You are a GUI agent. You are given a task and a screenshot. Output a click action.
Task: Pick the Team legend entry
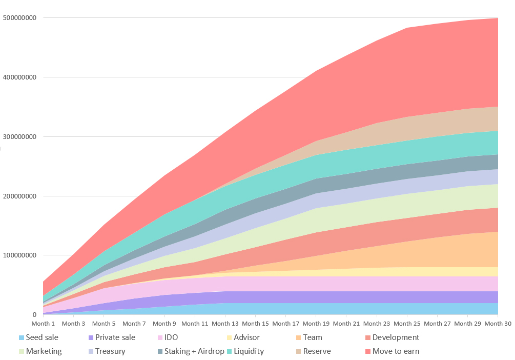(x=312, y=337)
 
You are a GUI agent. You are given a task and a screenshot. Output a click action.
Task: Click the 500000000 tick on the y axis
(x=19, y=18)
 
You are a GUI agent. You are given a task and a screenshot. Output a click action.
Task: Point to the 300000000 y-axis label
(x=19, y=137)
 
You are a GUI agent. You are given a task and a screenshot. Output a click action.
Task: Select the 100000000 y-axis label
(x=19, y=255)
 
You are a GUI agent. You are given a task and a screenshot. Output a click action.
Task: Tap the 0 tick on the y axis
(x=34, y=315)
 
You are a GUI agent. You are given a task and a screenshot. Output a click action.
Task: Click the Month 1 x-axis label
(x=43, y=324)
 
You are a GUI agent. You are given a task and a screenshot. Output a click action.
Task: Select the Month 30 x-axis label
(x=498, y=324)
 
